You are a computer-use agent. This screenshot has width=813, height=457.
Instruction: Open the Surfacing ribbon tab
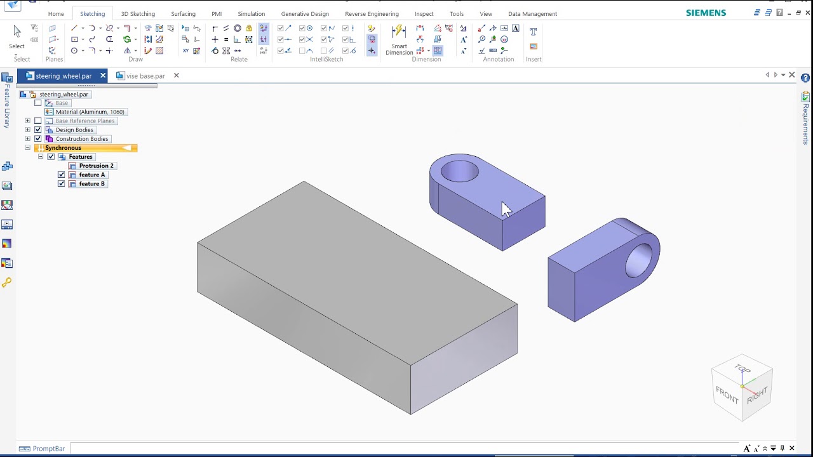pos(183,14)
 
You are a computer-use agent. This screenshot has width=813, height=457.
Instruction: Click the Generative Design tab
pos(305,14)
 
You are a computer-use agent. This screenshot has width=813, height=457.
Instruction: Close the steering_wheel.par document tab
pos(103,76)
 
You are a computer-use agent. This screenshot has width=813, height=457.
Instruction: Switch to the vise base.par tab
pos(145,76)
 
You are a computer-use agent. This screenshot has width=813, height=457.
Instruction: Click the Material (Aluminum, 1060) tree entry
pos(90,112)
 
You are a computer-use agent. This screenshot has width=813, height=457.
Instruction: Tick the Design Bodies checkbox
pos(38,129)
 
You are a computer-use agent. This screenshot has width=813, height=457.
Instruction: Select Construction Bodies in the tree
pos(82,139)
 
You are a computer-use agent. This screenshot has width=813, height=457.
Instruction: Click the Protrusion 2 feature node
pos(96,166)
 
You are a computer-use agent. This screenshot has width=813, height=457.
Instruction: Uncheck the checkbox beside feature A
pos(62,175)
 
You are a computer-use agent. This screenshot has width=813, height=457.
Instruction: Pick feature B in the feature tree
pos(91,184)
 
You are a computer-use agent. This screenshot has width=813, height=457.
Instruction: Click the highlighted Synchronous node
pos(64,148)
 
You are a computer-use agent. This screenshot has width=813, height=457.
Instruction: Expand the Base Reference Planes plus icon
pos(27,121)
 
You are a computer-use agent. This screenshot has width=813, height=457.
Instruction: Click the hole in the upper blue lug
pos(459,171)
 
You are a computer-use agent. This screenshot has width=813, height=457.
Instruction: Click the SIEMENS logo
pos(706,13)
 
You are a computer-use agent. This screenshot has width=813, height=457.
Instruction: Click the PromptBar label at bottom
pos(49,449)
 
